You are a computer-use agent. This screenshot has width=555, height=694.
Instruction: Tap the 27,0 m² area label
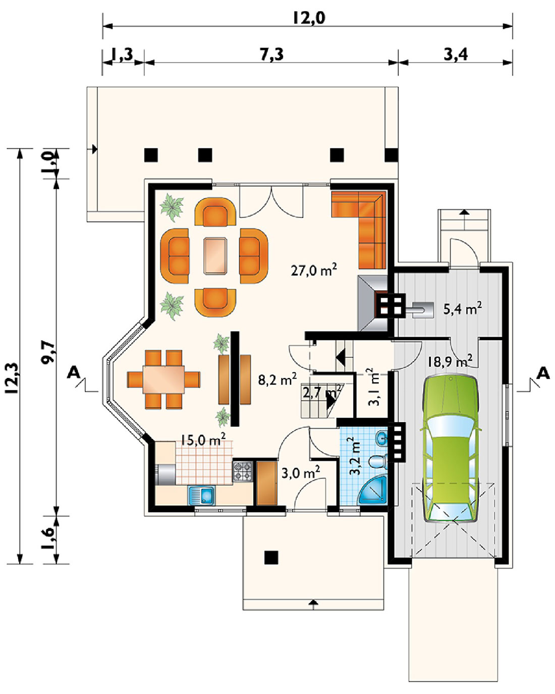314,270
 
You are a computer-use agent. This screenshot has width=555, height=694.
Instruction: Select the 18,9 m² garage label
450,361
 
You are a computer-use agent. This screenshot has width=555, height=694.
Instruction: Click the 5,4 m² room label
463,308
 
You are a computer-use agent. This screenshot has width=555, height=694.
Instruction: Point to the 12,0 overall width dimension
309,18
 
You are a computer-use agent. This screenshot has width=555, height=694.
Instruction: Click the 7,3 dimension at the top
272,54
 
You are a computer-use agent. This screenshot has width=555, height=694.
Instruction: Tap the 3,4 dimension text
455,54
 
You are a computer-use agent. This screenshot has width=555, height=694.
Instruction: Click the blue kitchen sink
201,495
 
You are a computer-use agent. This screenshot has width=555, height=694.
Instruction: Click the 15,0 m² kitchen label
203,440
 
